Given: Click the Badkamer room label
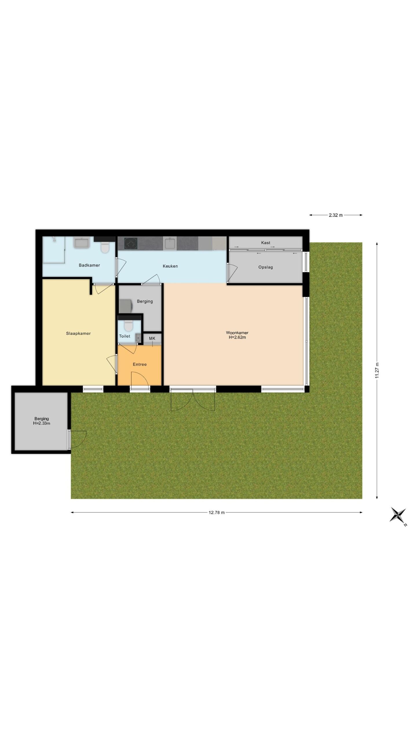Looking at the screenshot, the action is point(89,265).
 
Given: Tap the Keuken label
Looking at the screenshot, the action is point(170,266).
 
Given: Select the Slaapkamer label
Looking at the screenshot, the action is point(78,333).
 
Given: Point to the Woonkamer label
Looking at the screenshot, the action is point(237,333).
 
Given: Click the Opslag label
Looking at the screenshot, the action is point(266,267).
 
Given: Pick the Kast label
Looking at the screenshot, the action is point(266,243).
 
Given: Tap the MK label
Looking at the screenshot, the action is point(152,338).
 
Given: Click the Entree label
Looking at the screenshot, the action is point(140,364).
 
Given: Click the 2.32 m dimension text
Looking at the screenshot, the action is point(336,215).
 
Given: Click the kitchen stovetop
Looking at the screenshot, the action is point(131,243).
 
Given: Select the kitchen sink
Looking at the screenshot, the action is point(170,243).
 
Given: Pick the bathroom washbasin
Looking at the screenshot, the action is point(83,243).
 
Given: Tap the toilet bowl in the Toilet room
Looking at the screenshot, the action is point(128,326).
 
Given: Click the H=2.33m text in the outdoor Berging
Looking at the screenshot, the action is point(42,423).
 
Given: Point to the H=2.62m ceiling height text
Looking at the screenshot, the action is point(237,337).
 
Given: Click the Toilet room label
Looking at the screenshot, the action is point(125,336).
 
